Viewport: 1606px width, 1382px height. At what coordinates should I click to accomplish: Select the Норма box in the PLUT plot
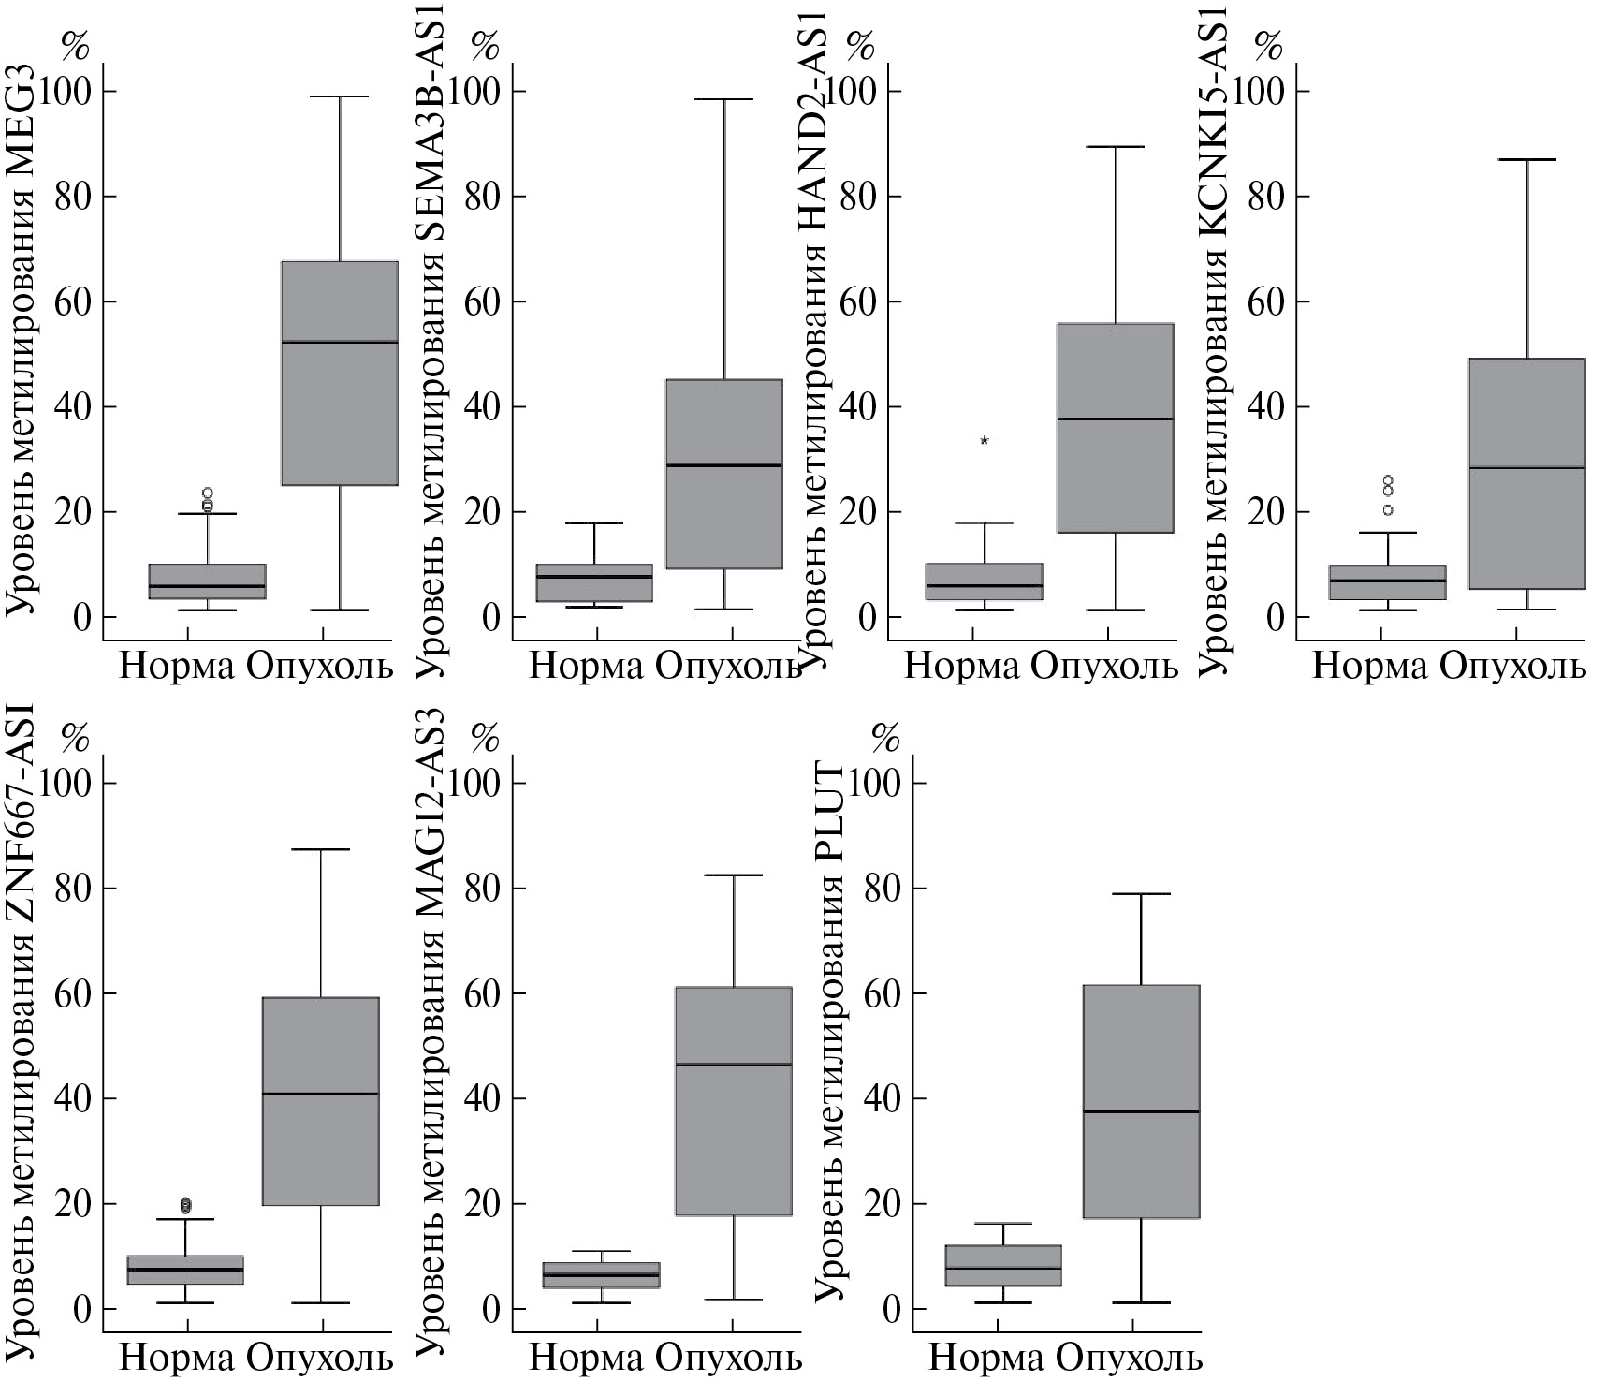(1002, 1265)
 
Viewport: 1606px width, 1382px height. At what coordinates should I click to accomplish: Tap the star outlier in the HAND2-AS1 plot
(984, 440)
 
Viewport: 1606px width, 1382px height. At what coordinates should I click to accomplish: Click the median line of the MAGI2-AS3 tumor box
(733, 1065)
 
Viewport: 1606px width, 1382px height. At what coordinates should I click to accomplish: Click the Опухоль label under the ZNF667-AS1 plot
(320, 1358)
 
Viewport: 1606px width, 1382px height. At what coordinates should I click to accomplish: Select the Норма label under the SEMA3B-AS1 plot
(587, 667)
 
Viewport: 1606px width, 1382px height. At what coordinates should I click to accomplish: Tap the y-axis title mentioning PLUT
(829, 1030)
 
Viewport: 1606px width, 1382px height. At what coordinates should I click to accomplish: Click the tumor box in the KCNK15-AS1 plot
(1526, 473)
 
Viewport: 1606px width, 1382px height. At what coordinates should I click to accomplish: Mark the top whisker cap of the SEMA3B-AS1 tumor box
(724, 99)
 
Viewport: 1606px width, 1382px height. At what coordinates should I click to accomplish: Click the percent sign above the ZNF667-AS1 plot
(75, 739)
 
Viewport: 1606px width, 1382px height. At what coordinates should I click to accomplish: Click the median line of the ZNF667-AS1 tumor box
(320, 1094)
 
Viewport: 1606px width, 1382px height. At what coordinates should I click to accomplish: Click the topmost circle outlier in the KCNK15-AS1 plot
(1388, 480)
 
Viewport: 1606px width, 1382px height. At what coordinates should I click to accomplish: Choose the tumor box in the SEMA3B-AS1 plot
(724, 473)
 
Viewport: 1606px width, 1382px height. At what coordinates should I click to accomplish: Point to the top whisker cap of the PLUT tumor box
(1141, 894)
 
